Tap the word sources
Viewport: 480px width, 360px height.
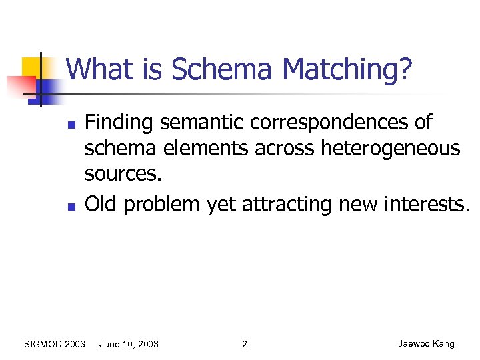pyautogui.click(x=123, y=175)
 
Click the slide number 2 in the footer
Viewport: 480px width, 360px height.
pyautogui.click(x=244, y=344)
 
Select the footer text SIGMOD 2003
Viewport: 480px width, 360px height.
pyautogui.click(x=55, y=344)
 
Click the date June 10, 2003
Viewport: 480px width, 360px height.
pyautogui.click(x=129, y=344)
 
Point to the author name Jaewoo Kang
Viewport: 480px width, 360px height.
pyautogui.click(x=426, y=344)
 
